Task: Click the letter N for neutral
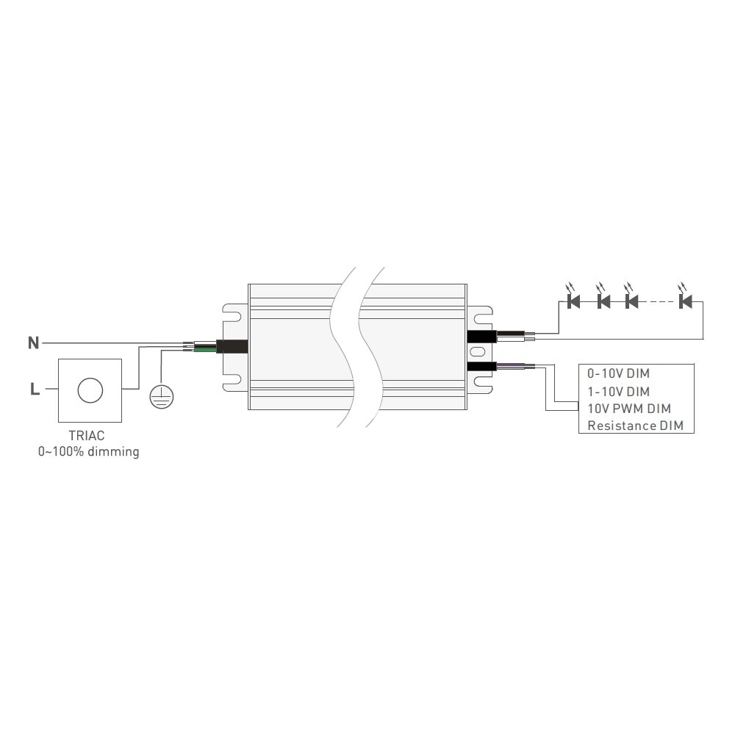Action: pyautogui.click(x=33, y=343)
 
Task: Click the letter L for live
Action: pyautogui.click(x=35, y=389)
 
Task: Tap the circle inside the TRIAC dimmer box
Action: pyautogui.click(x=90, y=390)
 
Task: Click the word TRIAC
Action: pyautogui.click(x=87, y=435)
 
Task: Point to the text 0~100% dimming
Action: pyautogui.click(x=89, y=452)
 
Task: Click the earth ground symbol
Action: pyautogui.click(x=161, y=397)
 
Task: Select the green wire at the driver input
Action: pyautogui.click(x=205, y=348)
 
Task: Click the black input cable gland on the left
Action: pyautogui.click(x=232, y=346)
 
